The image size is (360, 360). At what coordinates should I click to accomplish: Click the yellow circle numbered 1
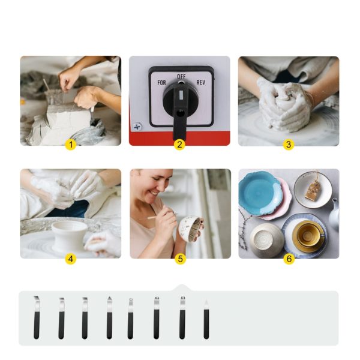point(70,145)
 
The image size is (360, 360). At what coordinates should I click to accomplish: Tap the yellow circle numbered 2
point(179,145)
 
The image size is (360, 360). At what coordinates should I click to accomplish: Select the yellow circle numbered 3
point(289,145)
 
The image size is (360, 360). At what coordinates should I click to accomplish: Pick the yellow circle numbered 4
point(70,259)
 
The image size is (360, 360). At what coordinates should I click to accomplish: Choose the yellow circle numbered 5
point(180,259)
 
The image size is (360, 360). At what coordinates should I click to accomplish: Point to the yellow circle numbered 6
point(289,259)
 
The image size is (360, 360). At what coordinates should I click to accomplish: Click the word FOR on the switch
point(161,83)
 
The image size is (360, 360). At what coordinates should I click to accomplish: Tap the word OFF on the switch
point(181,76)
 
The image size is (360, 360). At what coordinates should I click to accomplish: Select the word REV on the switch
point(200,82)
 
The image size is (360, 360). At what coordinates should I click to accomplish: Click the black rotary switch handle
point(180,108)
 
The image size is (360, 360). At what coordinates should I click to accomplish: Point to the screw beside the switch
point(138,127)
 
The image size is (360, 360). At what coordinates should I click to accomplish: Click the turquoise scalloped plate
point(260,193)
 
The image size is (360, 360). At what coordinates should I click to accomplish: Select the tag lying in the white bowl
point(312,190)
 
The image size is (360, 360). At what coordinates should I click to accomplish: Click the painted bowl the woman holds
point(190,229)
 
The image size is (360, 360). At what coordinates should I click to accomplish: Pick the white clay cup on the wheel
point(69,236)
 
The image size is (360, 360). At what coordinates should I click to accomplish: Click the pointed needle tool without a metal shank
point(206,319)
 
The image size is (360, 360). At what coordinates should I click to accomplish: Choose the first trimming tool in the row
point(36,317)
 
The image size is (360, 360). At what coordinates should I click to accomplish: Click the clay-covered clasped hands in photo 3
point(284,106)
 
